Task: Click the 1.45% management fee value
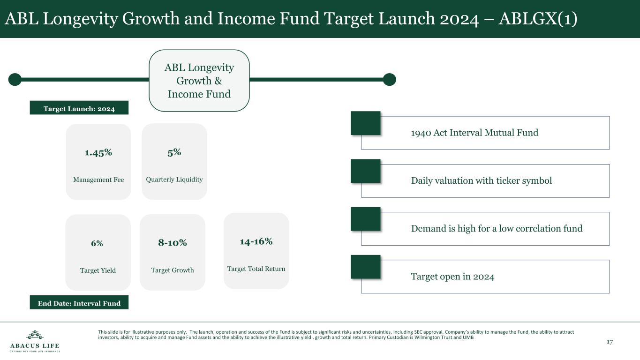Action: pos(98,153)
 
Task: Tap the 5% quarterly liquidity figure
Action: pos(174,152)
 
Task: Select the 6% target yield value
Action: pos(97,243)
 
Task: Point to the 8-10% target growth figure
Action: pos(172,242)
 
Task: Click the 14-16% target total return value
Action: pos(256,241)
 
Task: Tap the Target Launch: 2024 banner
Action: pos(79,108)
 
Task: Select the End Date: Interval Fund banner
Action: pos(79,302)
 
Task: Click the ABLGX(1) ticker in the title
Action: pos(538,19)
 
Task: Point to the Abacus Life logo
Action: pos(35,341)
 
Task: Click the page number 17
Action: pos(610,342)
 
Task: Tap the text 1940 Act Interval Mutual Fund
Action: pos(474,133)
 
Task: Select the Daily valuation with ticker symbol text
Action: pos(482,180)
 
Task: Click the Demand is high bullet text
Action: pos(497,229)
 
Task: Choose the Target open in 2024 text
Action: pos(452,277)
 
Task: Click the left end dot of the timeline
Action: pos(15,79)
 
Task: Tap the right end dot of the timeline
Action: pos(389,79)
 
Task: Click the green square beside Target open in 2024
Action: pos(365,267)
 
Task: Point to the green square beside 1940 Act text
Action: pos(365,123)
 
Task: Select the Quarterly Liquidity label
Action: pos(174,180)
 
